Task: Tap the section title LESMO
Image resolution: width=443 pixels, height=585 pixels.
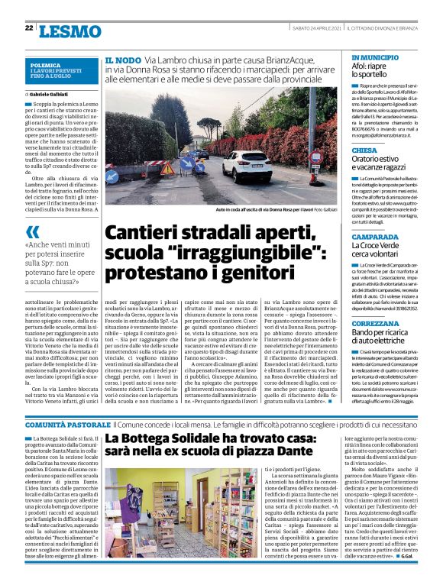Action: [x=69, y=31]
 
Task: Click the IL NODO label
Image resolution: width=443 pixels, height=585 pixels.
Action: [x=122, y=59]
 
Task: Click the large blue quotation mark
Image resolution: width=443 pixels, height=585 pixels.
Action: [x=33, y=232]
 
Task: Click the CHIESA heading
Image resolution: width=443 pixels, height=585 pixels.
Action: [x=364, y=150]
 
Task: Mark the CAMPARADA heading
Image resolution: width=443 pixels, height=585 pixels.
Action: [x=374, y=236]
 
